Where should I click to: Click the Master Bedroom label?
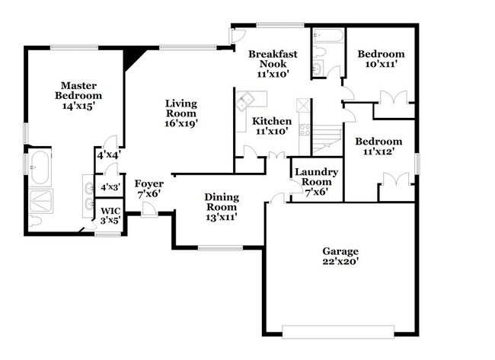click(78, 91)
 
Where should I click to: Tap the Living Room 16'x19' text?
click(181, 113)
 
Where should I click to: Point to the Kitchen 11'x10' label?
click(272, 126)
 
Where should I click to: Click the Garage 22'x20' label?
click(340, 256)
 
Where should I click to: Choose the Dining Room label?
click(222, 207)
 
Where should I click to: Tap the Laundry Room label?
click(316, 182)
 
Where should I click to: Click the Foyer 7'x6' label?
click(148, 189)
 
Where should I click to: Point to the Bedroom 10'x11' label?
click(381, 59)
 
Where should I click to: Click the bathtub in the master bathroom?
click(40, 167)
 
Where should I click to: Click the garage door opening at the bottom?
click(339, 331)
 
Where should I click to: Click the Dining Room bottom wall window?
click(220, 247)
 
